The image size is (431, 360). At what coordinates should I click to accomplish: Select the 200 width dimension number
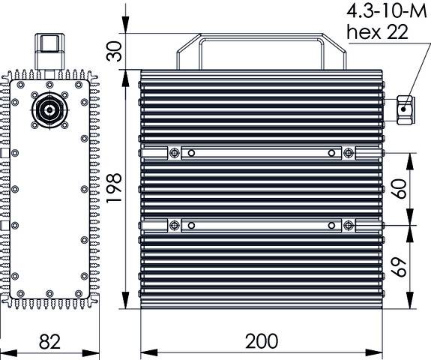(x=262, y=341)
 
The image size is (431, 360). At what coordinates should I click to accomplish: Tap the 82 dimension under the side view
(x=49, y=341)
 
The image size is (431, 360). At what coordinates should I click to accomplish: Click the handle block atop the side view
(x=50, y=50)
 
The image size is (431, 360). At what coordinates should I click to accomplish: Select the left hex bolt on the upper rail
(x=175, y=153)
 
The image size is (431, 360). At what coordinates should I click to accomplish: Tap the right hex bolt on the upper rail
(x=349, y=153)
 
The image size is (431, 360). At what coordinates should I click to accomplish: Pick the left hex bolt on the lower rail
(x=175, y=225)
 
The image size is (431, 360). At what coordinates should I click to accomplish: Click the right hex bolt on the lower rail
(x=349, y=225)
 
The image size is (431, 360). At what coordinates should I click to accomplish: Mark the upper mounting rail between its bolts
(x=262, y=153)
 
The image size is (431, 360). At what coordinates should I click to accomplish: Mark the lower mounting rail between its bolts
(x=262, y=225)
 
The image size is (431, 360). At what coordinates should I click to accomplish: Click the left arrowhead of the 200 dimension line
(x=145, y=352)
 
